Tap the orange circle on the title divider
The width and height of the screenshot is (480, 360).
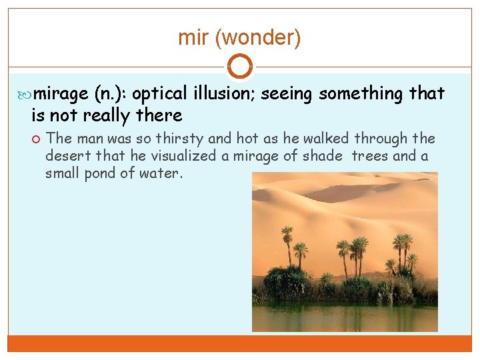click(x=239, y=66)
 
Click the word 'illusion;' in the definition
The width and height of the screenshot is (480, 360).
click(x=224, y=94)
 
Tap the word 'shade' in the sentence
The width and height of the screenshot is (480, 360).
click(x=325, y=155)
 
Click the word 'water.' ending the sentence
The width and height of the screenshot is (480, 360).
click(x=164, y=173)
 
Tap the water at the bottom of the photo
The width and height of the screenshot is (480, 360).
click(x=344, y=317)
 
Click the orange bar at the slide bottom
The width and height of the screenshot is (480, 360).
click(x=239, y=343)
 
